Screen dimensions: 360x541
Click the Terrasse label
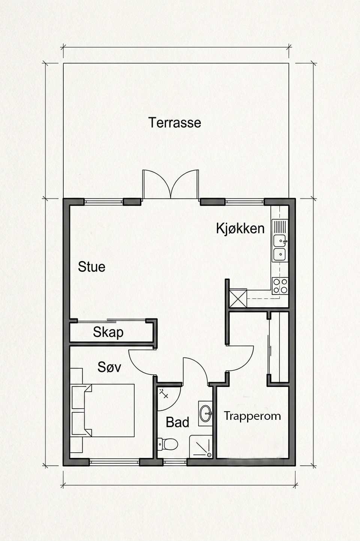pyautogui.click(x=175, y=122)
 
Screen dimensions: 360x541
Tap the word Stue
pyautogui.click(x=91, y=267)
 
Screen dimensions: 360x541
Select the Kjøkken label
pyautogui.click(x=240, y=228)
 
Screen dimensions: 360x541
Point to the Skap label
pyautogui.click(x=108, y=332)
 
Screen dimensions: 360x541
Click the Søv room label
pyautogui.click(x=109, y=367)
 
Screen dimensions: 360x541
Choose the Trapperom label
pyautogui.click(x=252, y=416)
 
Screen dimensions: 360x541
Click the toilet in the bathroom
pyautogui.click(x=168, y=444)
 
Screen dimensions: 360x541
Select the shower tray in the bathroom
pyautogui.click(x=201, y=446)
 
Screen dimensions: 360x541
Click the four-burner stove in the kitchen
pyautogui.click(x=280, y=286)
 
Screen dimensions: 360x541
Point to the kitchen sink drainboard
pyautogui.click(x=280, y=227)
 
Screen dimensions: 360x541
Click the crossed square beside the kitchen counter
pyautogui.click(x=238, y=298)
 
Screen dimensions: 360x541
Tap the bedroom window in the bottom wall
pyautogui.click(x=114, y=462)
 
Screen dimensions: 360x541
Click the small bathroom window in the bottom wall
pyautogui.click(x=175, y=462)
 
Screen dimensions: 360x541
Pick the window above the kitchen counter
pyautogui.click(x=244, y=202)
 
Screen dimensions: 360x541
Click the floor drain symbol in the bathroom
pyautogui.click(x=164, y=393)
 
